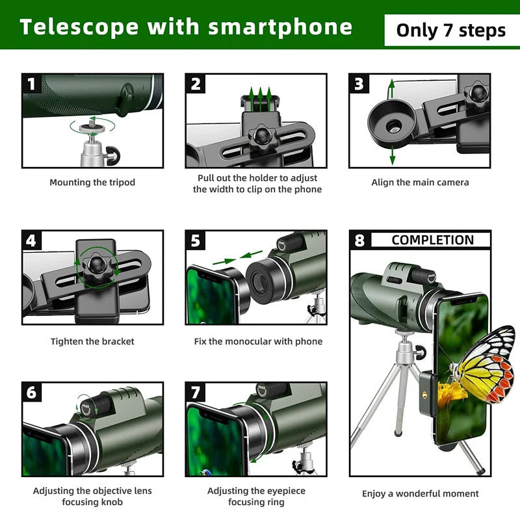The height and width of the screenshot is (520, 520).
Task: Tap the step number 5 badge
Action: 196,240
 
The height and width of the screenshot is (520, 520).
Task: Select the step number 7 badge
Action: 196,393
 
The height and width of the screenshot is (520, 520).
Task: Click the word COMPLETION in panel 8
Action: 432,240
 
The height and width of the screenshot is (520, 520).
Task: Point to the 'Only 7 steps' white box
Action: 450,30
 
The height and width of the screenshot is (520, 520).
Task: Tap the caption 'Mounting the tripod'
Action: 92,183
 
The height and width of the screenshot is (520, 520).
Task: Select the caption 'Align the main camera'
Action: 420,183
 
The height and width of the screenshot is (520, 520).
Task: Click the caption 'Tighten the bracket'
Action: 92,341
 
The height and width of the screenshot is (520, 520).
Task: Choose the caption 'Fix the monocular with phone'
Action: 258,341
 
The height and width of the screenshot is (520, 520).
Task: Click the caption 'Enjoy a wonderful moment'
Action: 420,494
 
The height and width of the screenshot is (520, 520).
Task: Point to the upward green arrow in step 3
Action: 392,88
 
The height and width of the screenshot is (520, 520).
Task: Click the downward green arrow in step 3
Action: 392,156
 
